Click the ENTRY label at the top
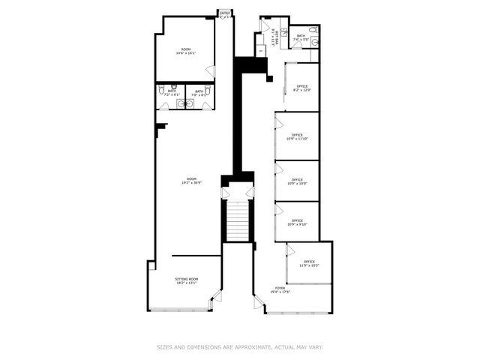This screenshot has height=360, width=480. (x=224, y=13)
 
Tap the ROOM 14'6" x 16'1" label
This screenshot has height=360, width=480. (x=184, y=52)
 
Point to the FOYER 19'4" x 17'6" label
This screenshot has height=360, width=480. (x=280, y=289)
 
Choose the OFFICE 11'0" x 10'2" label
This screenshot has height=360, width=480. (x=309, y=263)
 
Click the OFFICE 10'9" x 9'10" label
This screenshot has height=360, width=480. (x=297, y=222)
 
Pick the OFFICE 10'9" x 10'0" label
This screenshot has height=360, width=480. (x=297, y=181)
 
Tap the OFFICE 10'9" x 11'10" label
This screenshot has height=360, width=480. (x=297, y=136)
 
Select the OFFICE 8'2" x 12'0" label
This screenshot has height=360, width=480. (x=302, y=88)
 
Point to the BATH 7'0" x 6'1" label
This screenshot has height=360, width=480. (x=198, y=93)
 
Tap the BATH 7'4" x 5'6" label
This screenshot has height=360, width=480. (x=301, y=37)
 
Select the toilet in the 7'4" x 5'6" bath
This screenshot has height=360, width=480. (x=314, y=43)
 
